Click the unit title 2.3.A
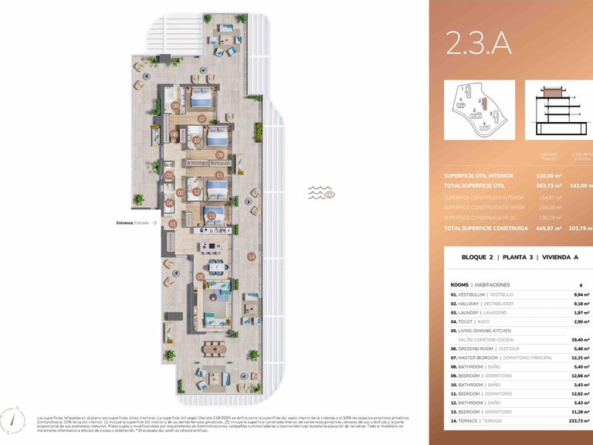(x=479, y=44)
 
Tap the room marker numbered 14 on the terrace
(x=251, y=256)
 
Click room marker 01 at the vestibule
(x=173, y=223)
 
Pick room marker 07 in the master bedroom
(x=202, y=119)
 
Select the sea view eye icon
(x=322, y=192)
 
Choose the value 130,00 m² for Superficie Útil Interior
(x=548, y=175)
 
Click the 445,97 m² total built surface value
(x=548, y=229)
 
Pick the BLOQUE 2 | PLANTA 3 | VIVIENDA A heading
(x=511, y=256)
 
